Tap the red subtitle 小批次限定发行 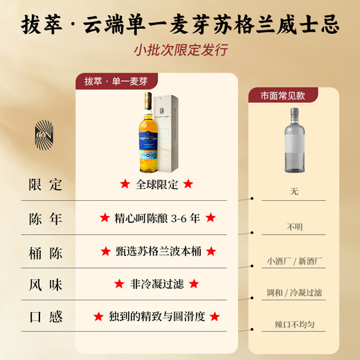point(180,51)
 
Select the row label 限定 point(46,185)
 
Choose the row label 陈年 point(46,218)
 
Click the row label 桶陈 point(46,251)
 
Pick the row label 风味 point(46,284)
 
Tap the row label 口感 point(46,316)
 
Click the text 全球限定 point(157,185)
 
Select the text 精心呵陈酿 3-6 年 point(157,218)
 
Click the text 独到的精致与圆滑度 point(156,316)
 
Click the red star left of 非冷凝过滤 point(118,284)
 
